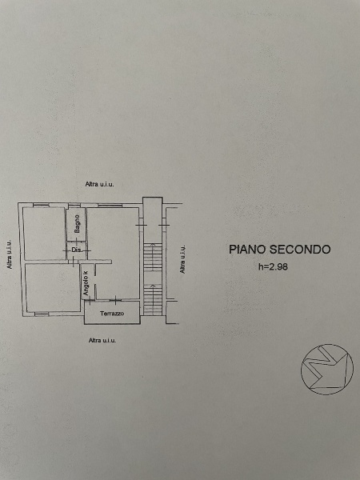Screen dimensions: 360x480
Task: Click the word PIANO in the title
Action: point(247,249)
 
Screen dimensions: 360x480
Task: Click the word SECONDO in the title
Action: point(300,249)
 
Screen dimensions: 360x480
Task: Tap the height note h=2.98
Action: point(273,266)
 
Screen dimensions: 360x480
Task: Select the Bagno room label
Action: point(77,223)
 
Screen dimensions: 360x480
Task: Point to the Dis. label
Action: point(77,250)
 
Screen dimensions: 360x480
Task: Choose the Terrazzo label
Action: point(112,314)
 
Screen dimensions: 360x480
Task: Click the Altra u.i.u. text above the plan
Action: point(99,184)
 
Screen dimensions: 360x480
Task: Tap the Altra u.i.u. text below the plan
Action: point(102,340)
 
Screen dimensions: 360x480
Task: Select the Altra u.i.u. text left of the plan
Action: point(10,254)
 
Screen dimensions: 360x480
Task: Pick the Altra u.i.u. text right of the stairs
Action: point(182,259)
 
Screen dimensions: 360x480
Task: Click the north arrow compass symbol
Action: point(327,369)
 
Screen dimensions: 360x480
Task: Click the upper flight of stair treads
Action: point(153,257)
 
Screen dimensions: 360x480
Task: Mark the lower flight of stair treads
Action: point(153,300)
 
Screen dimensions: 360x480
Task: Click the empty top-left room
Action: point(45,234)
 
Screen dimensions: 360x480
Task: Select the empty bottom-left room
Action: point(53,288)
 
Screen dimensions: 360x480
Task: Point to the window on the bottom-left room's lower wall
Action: point(42,314)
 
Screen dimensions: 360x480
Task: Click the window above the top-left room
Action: point(42,206)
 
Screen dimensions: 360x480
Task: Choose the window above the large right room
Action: point(110,206)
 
